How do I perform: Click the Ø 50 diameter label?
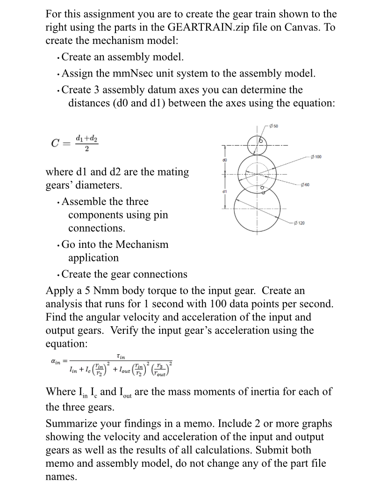(274, 126)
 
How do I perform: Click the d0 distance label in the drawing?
(225, 159)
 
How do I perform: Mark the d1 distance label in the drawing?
(225, 190)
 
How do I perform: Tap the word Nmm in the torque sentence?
(121, 290)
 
